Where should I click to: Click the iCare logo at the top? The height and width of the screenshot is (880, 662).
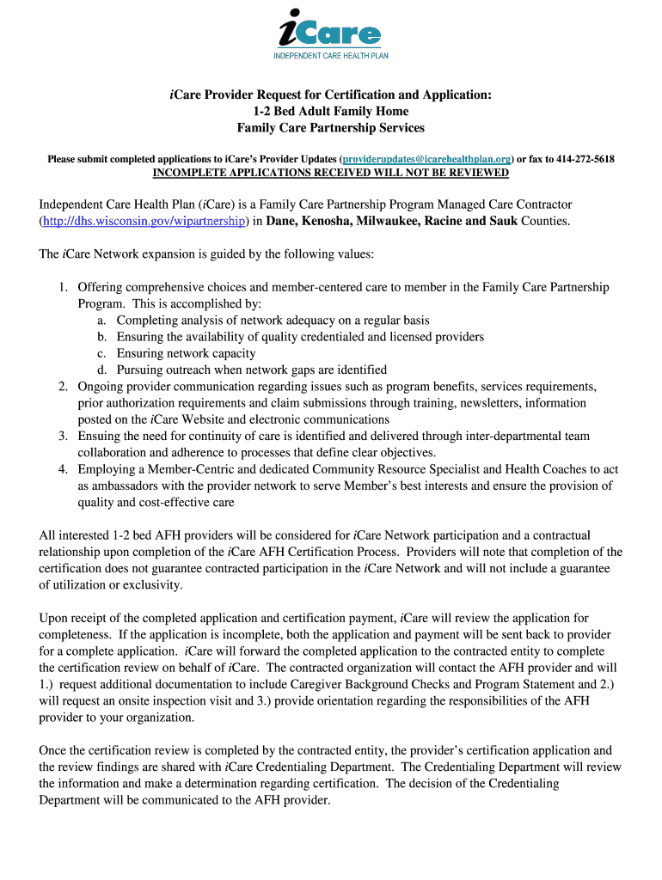(330, 32)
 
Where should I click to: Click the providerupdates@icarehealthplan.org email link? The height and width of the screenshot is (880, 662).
(427, 160)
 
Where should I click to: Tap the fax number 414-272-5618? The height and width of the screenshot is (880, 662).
(585, 160)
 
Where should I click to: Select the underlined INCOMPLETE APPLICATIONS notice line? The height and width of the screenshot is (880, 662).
(330, 173)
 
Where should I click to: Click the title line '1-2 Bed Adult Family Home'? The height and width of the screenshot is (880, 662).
(330, 111)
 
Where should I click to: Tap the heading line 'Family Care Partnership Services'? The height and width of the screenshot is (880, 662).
(330, 128)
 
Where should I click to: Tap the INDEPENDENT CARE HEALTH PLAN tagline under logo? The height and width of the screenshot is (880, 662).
(331, 56)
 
